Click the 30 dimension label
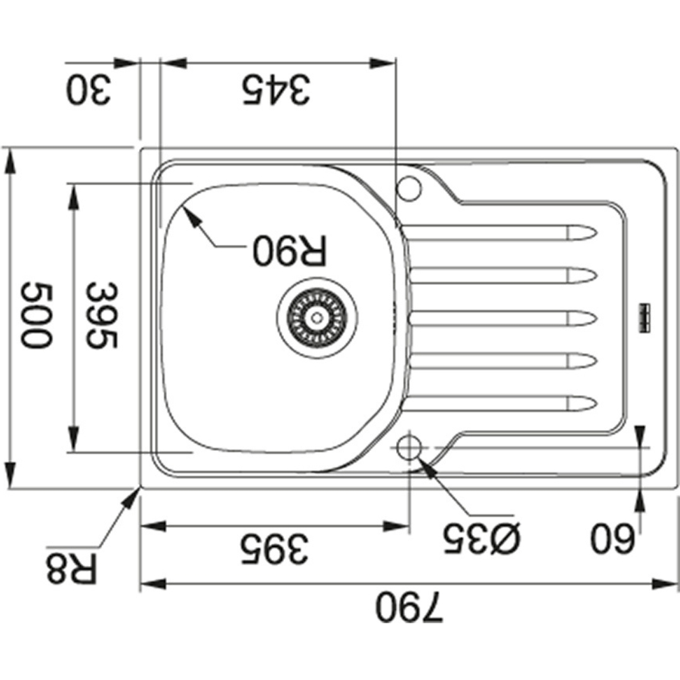coord(89,90)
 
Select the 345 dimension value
coord(276,90)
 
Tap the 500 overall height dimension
coord(37,315)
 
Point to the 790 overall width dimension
coord(409,606)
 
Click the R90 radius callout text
coord(289,250)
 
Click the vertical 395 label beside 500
coord(101,315)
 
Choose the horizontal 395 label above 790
coord(275,548)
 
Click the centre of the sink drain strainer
coord(317,318)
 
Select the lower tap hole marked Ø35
coord(409,448)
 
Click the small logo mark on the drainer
coord(643,319)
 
